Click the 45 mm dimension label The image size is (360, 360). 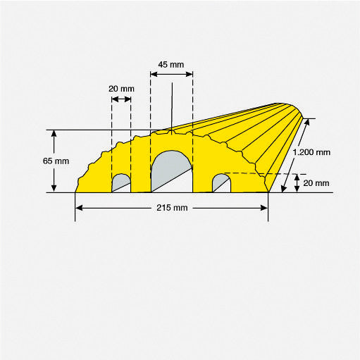171,64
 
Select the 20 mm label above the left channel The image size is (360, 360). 120,89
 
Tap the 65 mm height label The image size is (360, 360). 56,161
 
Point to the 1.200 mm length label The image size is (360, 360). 311,152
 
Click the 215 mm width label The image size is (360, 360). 171,208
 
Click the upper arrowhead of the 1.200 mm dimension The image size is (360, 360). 306,121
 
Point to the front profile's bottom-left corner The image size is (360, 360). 76,192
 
